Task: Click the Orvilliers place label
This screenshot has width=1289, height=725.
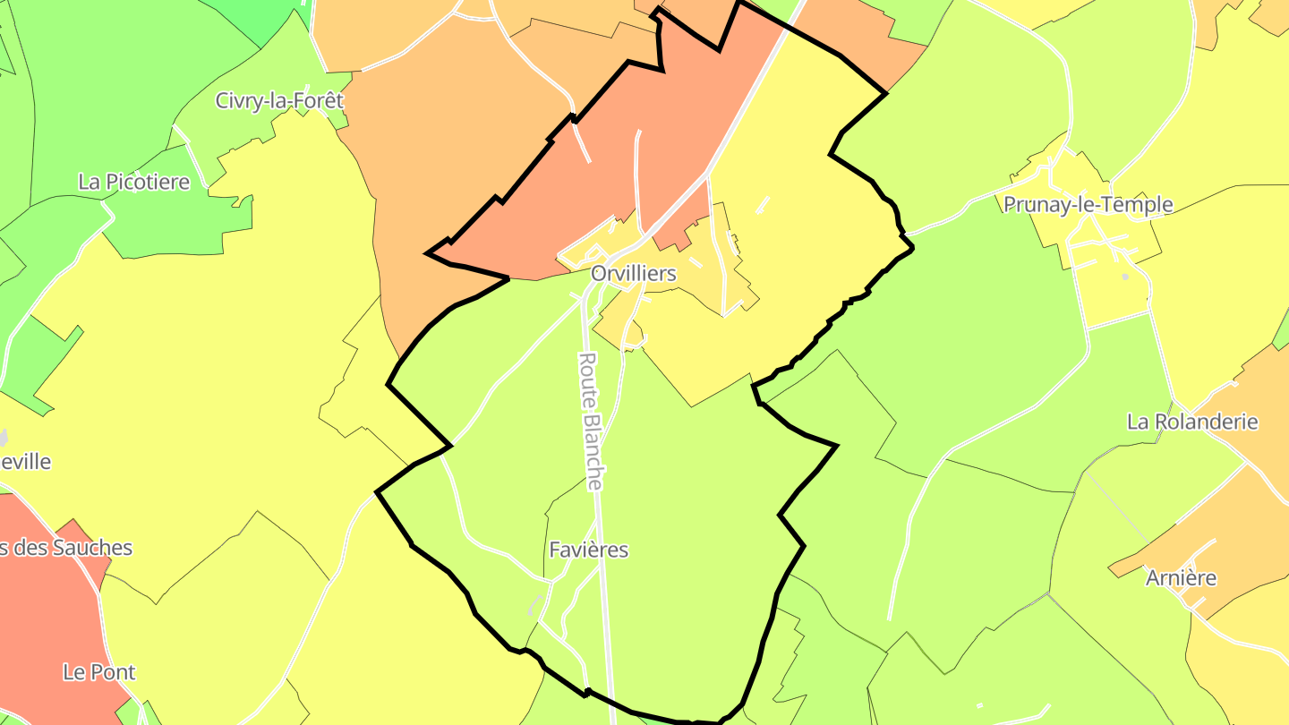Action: pyautogui.click(x=633, y=273)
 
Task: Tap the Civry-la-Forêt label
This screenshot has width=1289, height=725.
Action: pyautogui.click(x=279, y=100)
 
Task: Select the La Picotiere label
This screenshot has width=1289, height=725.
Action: pyautogui.click(x=134, y=182)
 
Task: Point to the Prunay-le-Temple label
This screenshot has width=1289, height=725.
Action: pyautogui.click(x=1088, y=204)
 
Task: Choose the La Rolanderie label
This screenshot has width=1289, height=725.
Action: pyautogui.click(x=1192, y=421)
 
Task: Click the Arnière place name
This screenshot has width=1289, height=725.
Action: pyautogui.click(x=1182, y=577)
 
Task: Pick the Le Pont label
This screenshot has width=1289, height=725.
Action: pyautogui.click(x=98, y=671)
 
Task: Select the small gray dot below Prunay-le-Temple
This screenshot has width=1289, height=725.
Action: pyautogui.click(x=1125, y=277)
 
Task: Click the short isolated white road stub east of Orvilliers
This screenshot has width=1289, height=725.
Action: pyautogui.click(x=763, y=204)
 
